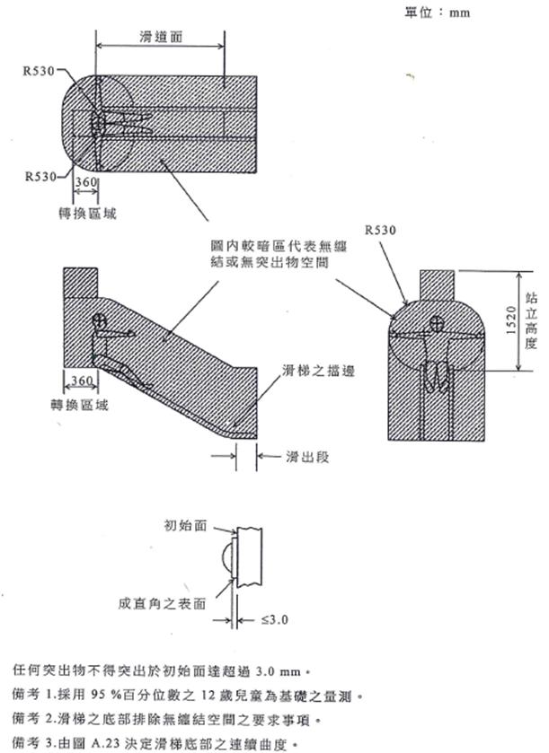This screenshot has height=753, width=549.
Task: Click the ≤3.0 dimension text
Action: pos(274,619)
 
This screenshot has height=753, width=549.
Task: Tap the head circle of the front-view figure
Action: pos(438,325)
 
